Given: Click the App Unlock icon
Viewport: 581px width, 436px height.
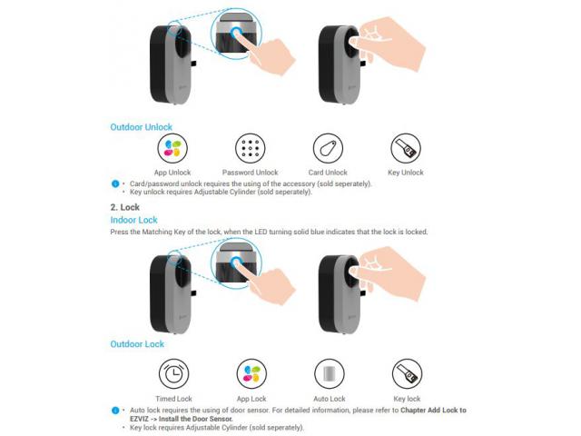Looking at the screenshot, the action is click(x=172, y=148).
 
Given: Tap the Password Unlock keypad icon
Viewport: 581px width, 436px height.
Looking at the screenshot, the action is click(x=251, y=148).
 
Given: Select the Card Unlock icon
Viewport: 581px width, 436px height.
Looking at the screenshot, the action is click(x=328, y=148).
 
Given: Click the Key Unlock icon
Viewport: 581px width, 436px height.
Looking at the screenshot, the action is click(x=406, y=148).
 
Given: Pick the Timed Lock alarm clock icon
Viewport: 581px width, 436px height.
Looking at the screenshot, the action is click(x=173, y=373).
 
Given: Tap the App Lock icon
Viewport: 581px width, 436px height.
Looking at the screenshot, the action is click(x=251, y=373).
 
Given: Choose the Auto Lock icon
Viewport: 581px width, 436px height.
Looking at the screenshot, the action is click(x=330, y=373).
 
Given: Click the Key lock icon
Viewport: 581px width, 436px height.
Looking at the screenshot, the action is click(x=408, y=373).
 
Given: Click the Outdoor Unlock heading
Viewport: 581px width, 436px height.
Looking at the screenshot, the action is click(x=142, y=127).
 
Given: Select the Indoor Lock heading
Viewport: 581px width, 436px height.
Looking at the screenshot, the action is click(x=133, y=220).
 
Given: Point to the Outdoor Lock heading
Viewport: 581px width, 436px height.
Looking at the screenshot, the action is click(x=137, y=344).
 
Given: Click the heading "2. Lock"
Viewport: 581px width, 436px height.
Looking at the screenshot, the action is click(x=125, y=207).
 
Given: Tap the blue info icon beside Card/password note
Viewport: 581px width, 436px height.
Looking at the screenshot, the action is click(x=115, y=183).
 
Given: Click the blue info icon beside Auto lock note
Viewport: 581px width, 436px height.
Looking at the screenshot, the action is click(x=115, y=411).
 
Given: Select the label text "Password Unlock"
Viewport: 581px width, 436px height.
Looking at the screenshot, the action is click(x=251, y=173).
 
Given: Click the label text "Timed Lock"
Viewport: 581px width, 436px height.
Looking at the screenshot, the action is click(x=173, y=399).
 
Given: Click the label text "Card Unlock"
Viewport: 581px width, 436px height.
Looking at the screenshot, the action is click(x=328, y=173).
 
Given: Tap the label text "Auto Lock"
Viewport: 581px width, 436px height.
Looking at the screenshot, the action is click(x=330, y=399).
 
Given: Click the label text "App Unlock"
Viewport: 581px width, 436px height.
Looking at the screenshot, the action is click(x=172, y=173).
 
